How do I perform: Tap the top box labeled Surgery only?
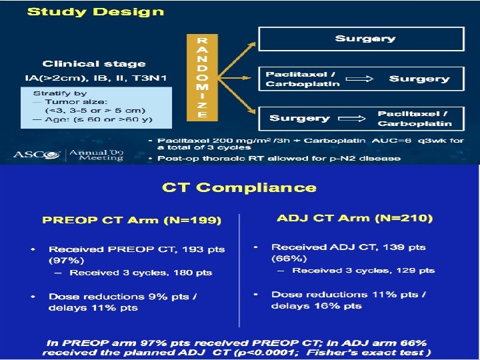click(x=365, y=39)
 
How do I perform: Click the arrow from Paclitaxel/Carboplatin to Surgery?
click(x=363, y=79)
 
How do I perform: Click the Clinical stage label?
click(x=94, y=64)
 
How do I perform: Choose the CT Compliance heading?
click(x=239, y=188)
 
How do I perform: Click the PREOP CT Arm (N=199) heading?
click(x=132, y=219)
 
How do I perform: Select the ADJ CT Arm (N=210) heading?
click(x=355, y=218)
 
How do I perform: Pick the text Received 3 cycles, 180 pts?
click(x=141, y=273)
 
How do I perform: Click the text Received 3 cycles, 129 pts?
click(x=363, y=271)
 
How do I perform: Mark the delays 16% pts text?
click(x=317, y=306)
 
